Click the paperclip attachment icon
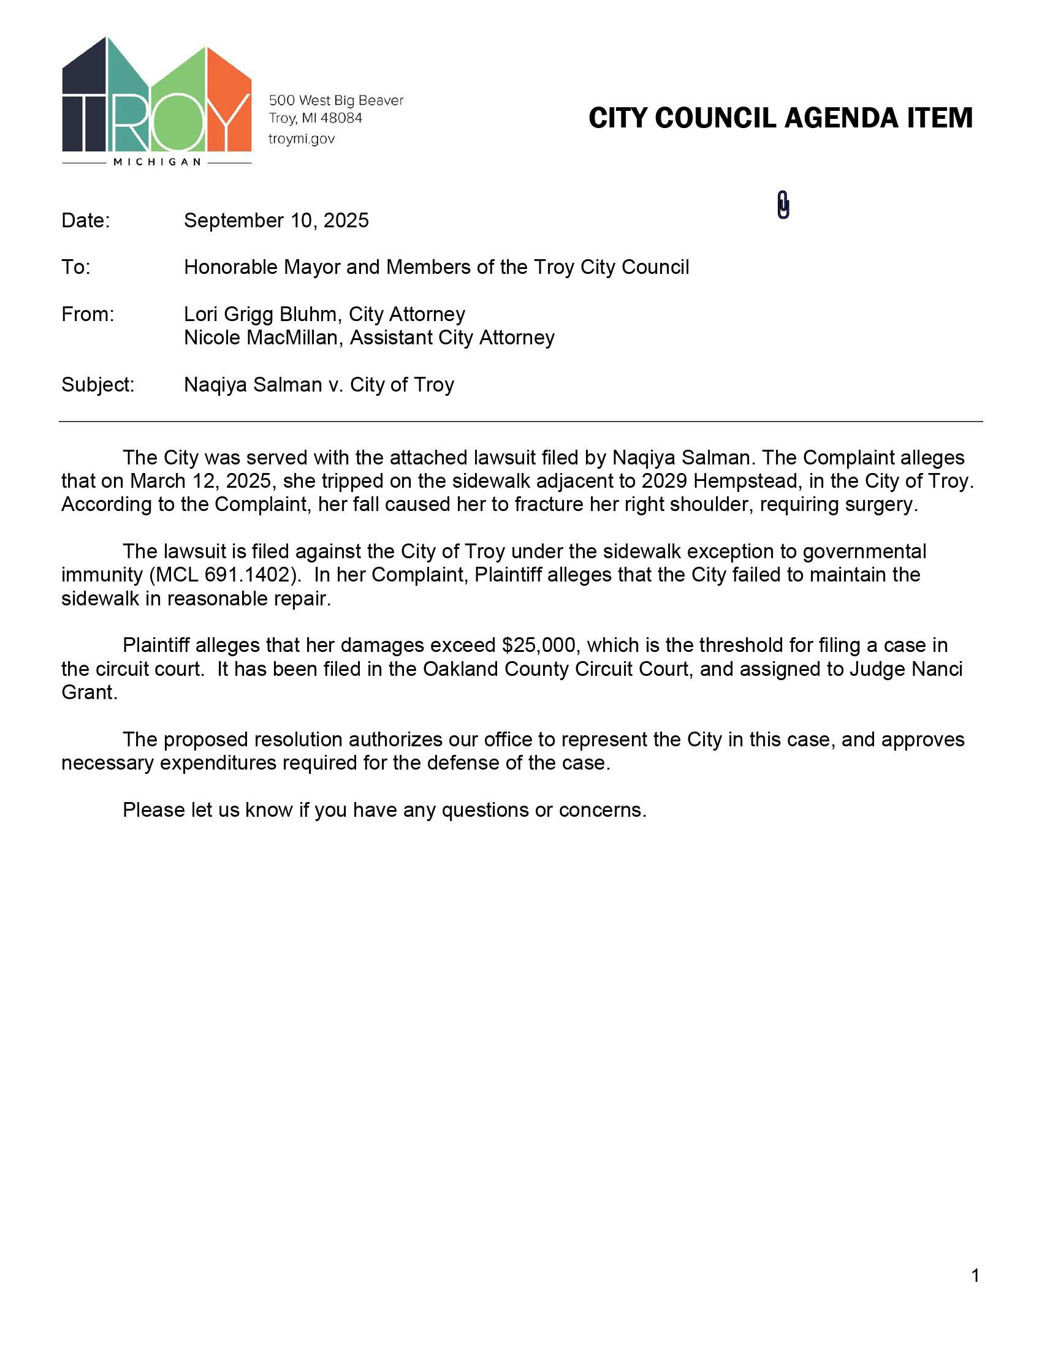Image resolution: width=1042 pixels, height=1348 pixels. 783,205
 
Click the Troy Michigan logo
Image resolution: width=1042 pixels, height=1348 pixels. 157,99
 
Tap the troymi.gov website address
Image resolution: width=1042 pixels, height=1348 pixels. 301,139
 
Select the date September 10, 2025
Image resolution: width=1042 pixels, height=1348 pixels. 276,221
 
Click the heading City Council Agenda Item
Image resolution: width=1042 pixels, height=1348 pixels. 780,118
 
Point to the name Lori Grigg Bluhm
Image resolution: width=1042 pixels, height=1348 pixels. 260,314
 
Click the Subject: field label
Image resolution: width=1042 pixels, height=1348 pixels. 97,385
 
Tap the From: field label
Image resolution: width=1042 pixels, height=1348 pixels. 88,314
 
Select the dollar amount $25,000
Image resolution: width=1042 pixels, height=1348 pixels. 538,645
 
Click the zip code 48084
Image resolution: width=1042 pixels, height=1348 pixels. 341,118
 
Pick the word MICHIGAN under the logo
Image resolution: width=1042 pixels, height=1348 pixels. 158,162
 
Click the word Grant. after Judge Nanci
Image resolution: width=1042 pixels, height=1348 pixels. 89,692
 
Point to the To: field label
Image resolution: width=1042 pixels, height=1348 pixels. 75,267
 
